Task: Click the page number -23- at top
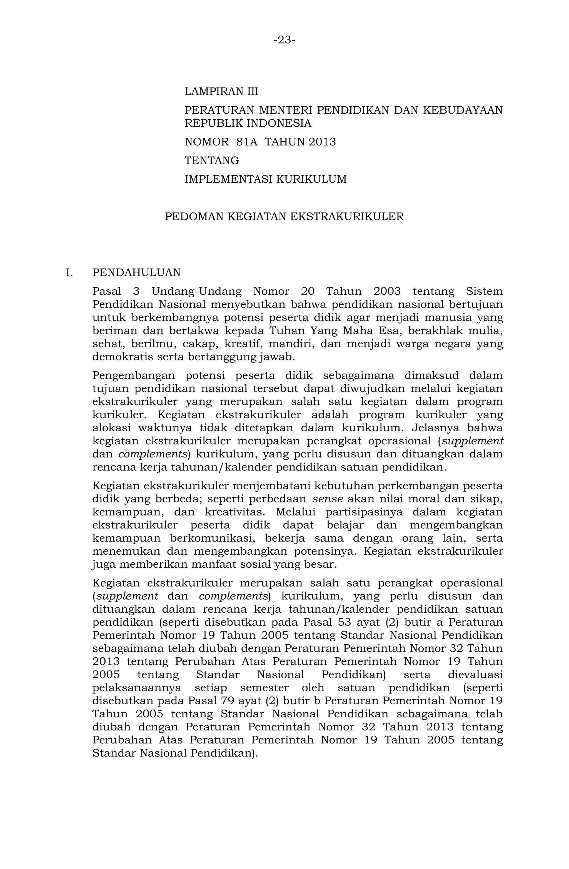pos(284,40)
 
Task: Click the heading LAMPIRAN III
pos(221,91)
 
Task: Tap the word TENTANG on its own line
pos(212,160)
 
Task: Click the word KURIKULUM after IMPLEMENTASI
pos(311,179)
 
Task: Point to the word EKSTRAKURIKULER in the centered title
pos(347,217)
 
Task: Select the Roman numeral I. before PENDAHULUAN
pos(69,272)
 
